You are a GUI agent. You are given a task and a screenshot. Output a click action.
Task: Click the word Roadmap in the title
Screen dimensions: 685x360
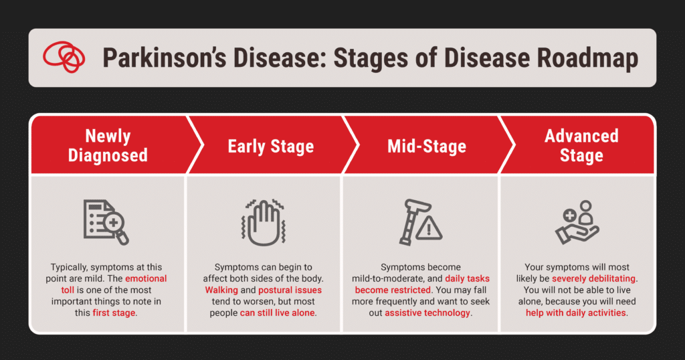point(587,59)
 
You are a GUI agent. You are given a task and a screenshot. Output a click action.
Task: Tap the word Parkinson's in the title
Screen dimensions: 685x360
point(165,59)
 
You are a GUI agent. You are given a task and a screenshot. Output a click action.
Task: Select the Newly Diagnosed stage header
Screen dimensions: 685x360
point(108,145)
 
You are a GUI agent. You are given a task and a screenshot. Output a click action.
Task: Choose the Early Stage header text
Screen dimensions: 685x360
point(271,147)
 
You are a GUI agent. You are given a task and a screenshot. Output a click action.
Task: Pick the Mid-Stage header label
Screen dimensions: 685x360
point(427,147)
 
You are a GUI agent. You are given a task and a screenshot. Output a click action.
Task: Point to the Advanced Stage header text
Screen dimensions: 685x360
point(581,145)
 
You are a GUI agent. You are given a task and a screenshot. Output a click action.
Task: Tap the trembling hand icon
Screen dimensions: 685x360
point(264,222)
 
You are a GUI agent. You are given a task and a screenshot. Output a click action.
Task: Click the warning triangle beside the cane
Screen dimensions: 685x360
point(429,228)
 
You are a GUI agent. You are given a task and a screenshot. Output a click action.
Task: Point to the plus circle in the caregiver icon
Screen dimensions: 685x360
point(569,215)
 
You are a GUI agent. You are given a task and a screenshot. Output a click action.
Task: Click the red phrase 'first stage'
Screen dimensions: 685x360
point(114,312)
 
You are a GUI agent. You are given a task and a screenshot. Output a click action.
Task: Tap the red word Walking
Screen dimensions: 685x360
point(221,290)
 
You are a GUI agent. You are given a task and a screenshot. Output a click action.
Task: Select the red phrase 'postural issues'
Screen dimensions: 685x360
point(290,290)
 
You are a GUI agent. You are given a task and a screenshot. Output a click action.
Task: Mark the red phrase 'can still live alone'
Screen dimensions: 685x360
point(277,312)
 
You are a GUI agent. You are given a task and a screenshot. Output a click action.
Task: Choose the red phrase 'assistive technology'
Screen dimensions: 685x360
point(427,312)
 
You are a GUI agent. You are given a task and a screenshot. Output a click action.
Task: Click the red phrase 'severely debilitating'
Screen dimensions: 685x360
point(593,279)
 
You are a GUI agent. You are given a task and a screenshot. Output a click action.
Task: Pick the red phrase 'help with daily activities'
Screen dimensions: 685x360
point(576,312)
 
